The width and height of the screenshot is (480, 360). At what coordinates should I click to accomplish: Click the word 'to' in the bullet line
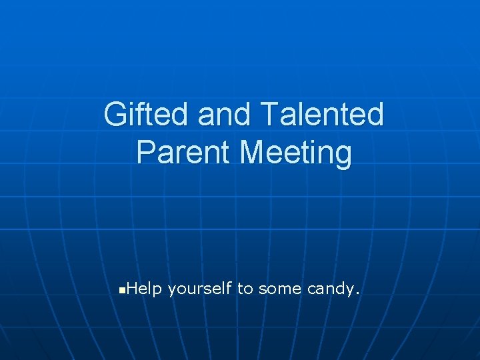245,289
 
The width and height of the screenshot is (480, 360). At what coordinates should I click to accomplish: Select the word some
279,289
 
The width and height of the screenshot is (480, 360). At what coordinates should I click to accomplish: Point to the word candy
331,289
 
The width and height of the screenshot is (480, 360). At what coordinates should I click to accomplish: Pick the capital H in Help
131,289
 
